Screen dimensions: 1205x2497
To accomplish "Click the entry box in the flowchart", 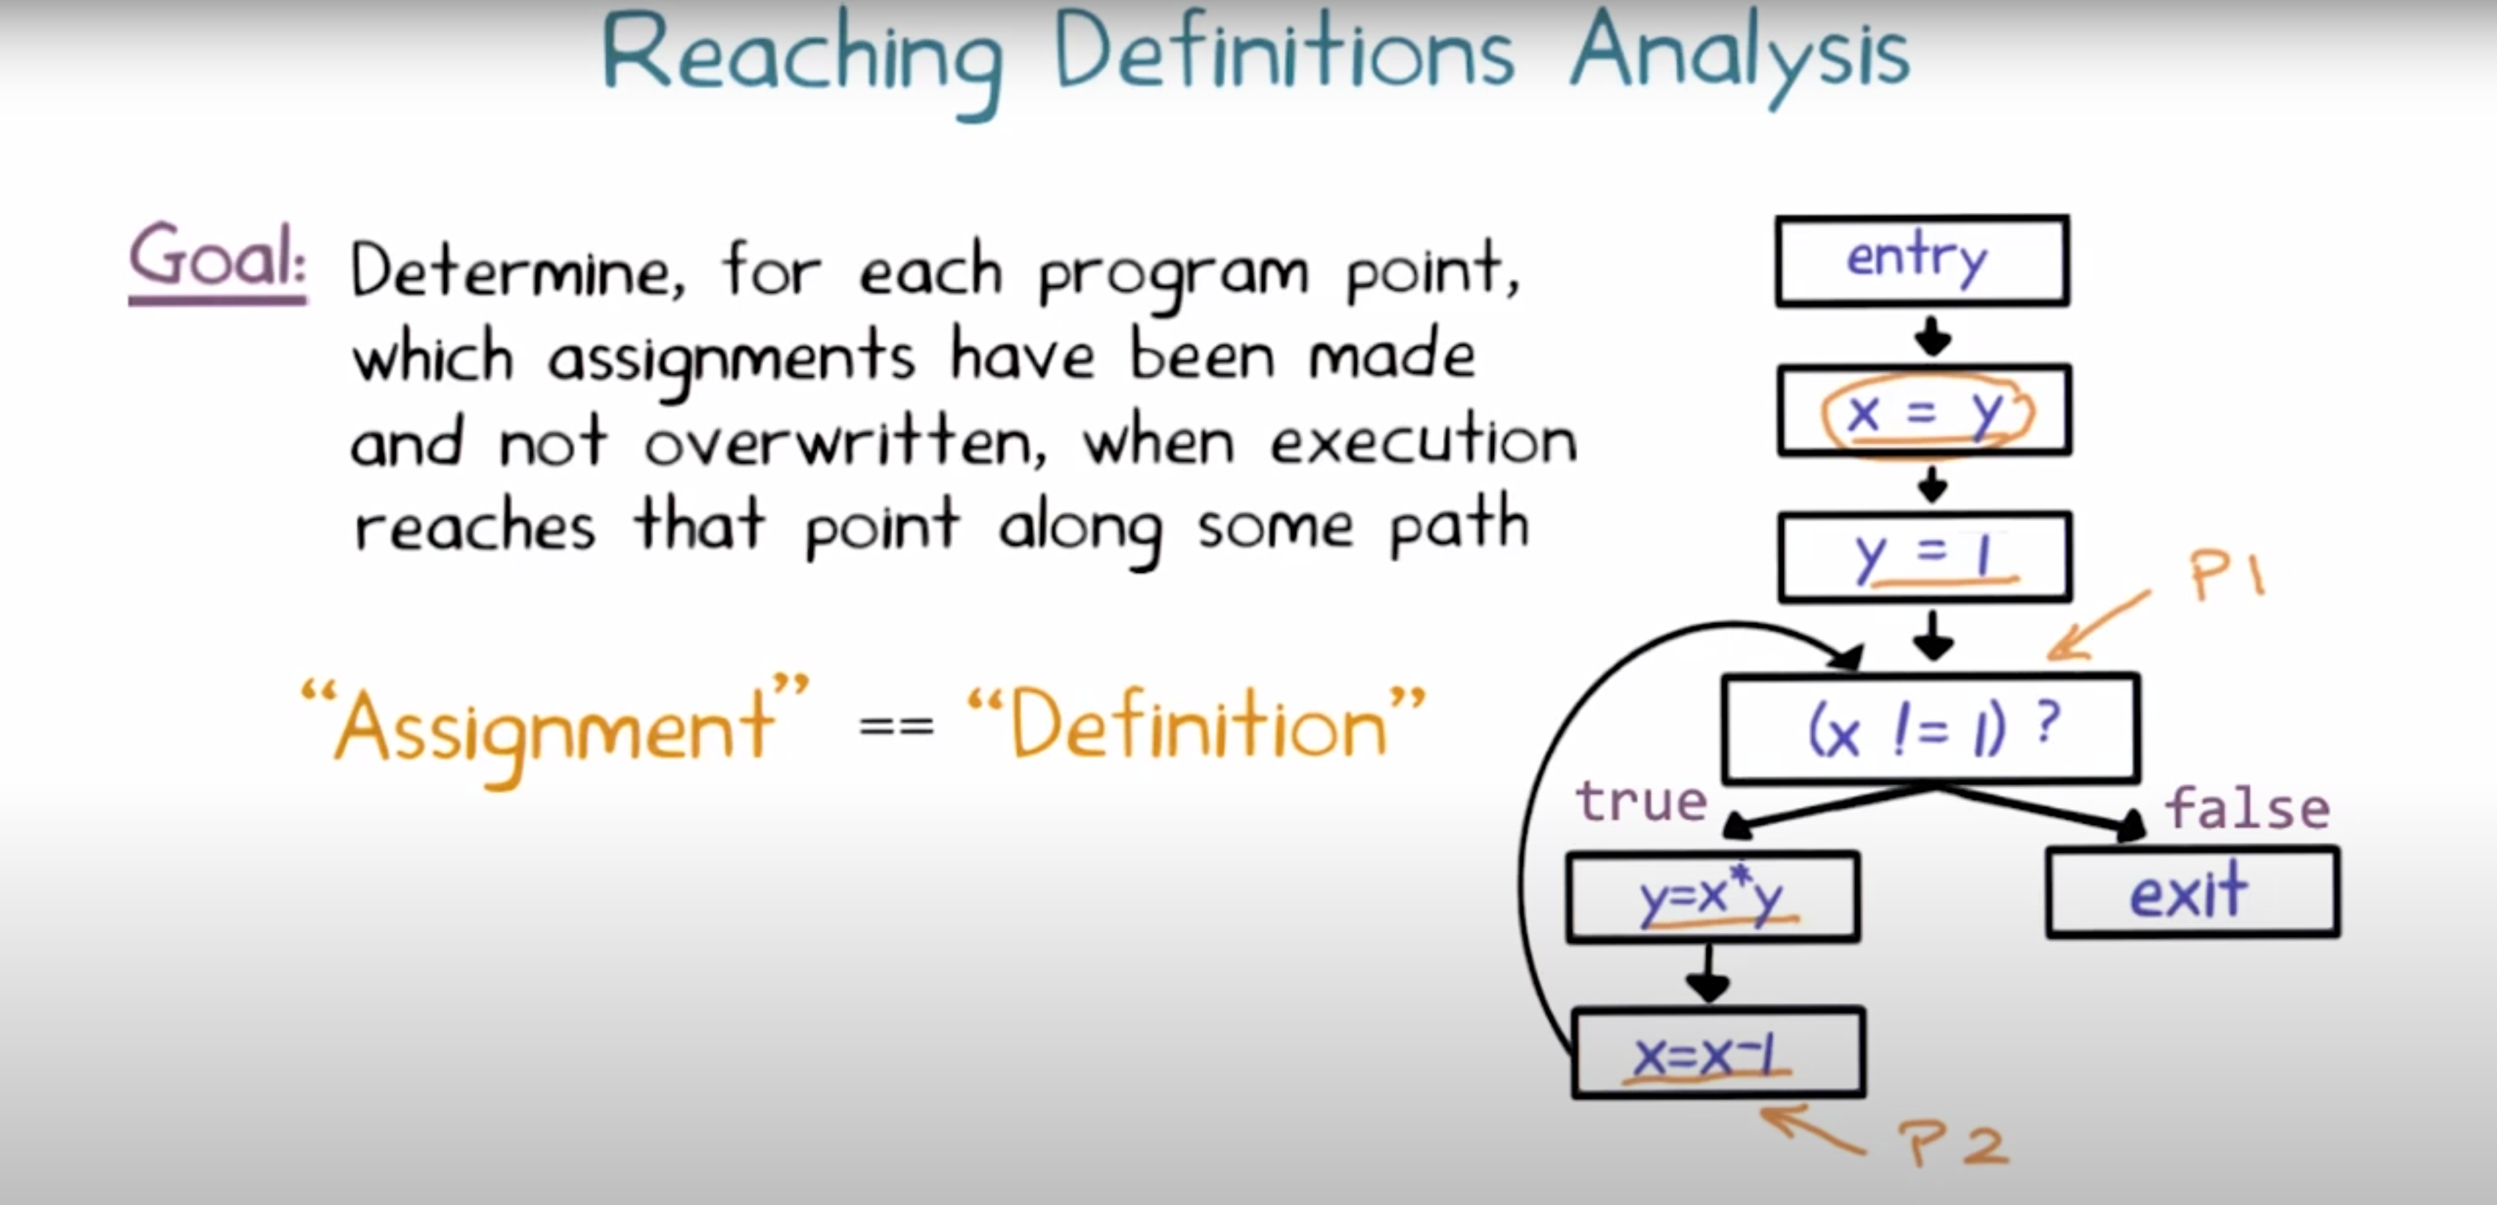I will [1922, 261].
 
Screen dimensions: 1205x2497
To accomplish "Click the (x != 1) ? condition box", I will [1931, 728].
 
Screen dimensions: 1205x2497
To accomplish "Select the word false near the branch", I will [2247, 809].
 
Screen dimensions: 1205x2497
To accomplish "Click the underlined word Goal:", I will [217, 259].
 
